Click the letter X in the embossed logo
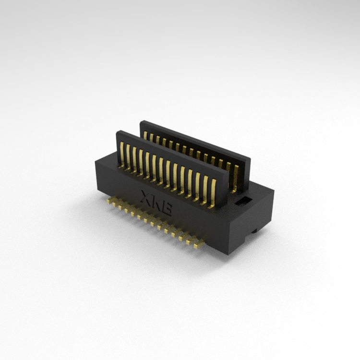click(x=146, y=198)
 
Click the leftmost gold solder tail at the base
click(x=109, y=201)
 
